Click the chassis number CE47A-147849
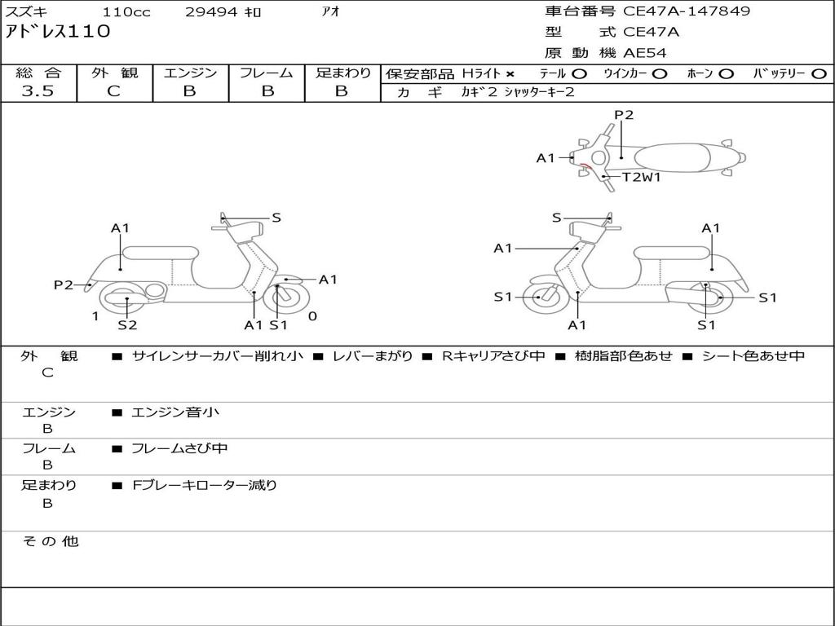pos(687,11)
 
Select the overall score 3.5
pos(38,91)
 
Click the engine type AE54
pos(645,53)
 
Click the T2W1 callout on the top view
pos(642,176)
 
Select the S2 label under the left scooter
pos(127,325)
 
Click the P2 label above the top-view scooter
pos(624,115)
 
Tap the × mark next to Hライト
pos(510,74)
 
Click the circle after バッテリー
pos(819,74)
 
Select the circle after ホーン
pos(726,74)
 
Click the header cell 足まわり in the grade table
pos(342,73)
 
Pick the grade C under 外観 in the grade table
pos(113,91)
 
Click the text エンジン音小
pos(175,412)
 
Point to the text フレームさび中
pos(179,448)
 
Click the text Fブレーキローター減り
pos(205,485)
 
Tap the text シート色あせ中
pos(753,356)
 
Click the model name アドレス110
pos(57,32)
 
